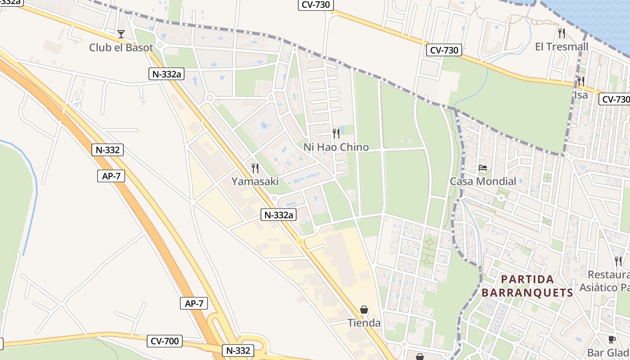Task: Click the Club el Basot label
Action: click(121, 47)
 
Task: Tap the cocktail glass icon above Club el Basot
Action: click(121, 34)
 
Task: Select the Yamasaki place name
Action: click(255, 181)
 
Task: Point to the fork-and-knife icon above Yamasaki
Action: click(255, 168)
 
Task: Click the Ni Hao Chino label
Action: click(336, 147)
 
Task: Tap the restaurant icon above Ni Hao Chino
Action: click(336, 133)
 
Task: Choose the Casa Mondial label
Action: click(483, 181)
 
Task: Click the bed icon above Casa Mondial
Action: click(483, 168)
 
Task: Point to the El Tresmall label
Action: click(561, 47)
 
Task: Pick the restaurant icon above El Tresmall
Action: click(562, 33)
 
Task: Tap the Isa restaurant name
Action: click(580, 95)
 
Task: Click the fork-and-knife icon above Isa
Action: click(581, 81)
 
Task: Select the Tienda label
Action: click(364, 323)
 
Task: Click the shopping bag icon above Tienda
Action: click(364, 310)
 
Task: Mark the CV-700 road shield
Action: click(165, 341)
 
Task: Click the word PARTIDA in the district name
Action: click(527, 279)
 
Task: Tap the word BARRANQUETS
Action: click(527, 293)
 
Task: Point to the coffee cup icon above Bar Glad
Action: click(612, 339)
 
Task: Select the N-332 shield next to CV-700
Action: click(238, 351)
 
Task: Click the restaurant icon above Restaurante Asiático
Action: click(618, 261)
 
